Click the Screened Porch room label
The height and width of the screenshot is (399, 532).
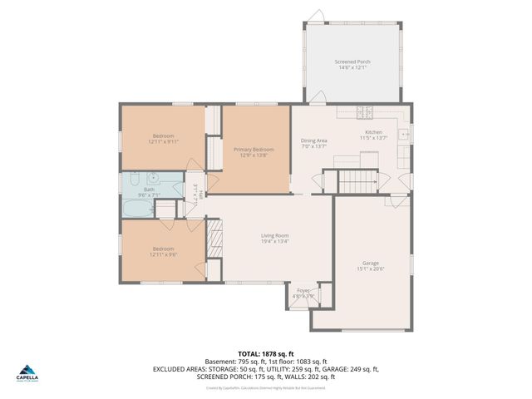coord(352,62)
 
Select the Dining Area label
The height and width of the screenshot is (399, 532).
coord(313,140)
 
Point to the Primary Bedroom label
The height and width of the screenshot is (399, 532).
coord(253,149)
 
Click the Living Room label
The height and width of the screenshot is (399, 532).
coord(273,236)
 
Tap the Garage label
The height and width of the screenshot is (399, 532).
coord(370,263)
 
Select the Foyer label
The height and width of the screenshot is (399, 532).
coord(303,290)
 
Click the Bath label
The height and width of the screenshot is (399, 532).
coord(149,190)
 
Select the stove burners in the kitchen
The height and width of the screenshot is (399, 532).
coord(365,112)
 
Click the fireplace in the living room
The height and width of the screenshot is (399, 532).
coord(214,242)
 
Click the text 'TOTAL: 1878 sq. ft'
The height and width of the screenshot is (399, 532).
coord(265,354)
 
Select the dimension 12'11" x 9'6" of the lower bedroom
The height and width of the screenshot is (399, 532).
coord(163,255)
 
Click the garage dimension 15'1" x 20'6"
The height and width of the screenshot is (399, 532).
coord(370,269)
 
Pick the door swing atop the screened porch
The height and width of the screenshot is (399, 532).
coord(315,16)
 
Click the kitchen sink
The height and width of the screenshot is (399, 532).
coord(404,132)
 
